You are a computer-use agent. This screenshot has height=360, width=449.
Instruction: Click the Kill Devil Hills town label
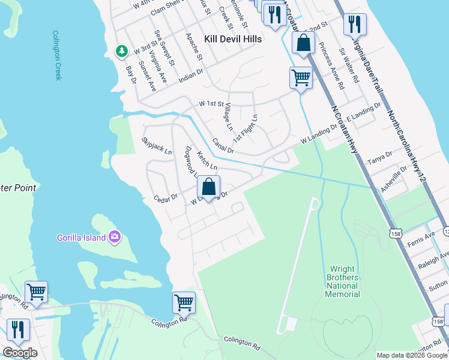click(233, 38)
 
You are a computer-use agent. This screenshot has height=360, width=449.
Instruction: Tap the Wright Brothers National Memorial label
click(343, 282)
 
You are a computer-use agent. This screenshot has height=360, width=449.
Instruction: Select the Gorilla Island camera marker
click(114, 237)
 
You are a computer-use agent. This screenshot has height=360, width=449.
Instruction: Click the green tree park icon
click(122, 51)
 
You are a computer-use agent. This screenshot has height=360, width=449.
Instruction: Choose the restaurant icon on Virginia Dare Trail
click(355, 24)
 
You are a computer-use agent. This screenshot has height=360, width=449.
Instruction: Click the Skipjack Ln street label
click(156, 146)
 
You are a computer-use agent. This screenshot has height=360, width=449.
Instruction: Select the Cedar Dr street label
click(166, 197)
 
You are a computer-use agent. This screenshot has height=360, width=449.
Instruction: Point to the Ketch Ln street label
click(206, 160)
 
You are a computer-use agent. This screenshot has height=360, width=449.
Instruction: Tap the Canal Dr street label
click(223, 145)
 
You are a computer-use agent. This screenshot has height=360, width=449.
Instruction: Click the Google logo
click(20, 353)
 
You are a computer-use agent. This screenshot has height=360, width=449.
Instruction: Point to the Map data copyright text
click(412, 355)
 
